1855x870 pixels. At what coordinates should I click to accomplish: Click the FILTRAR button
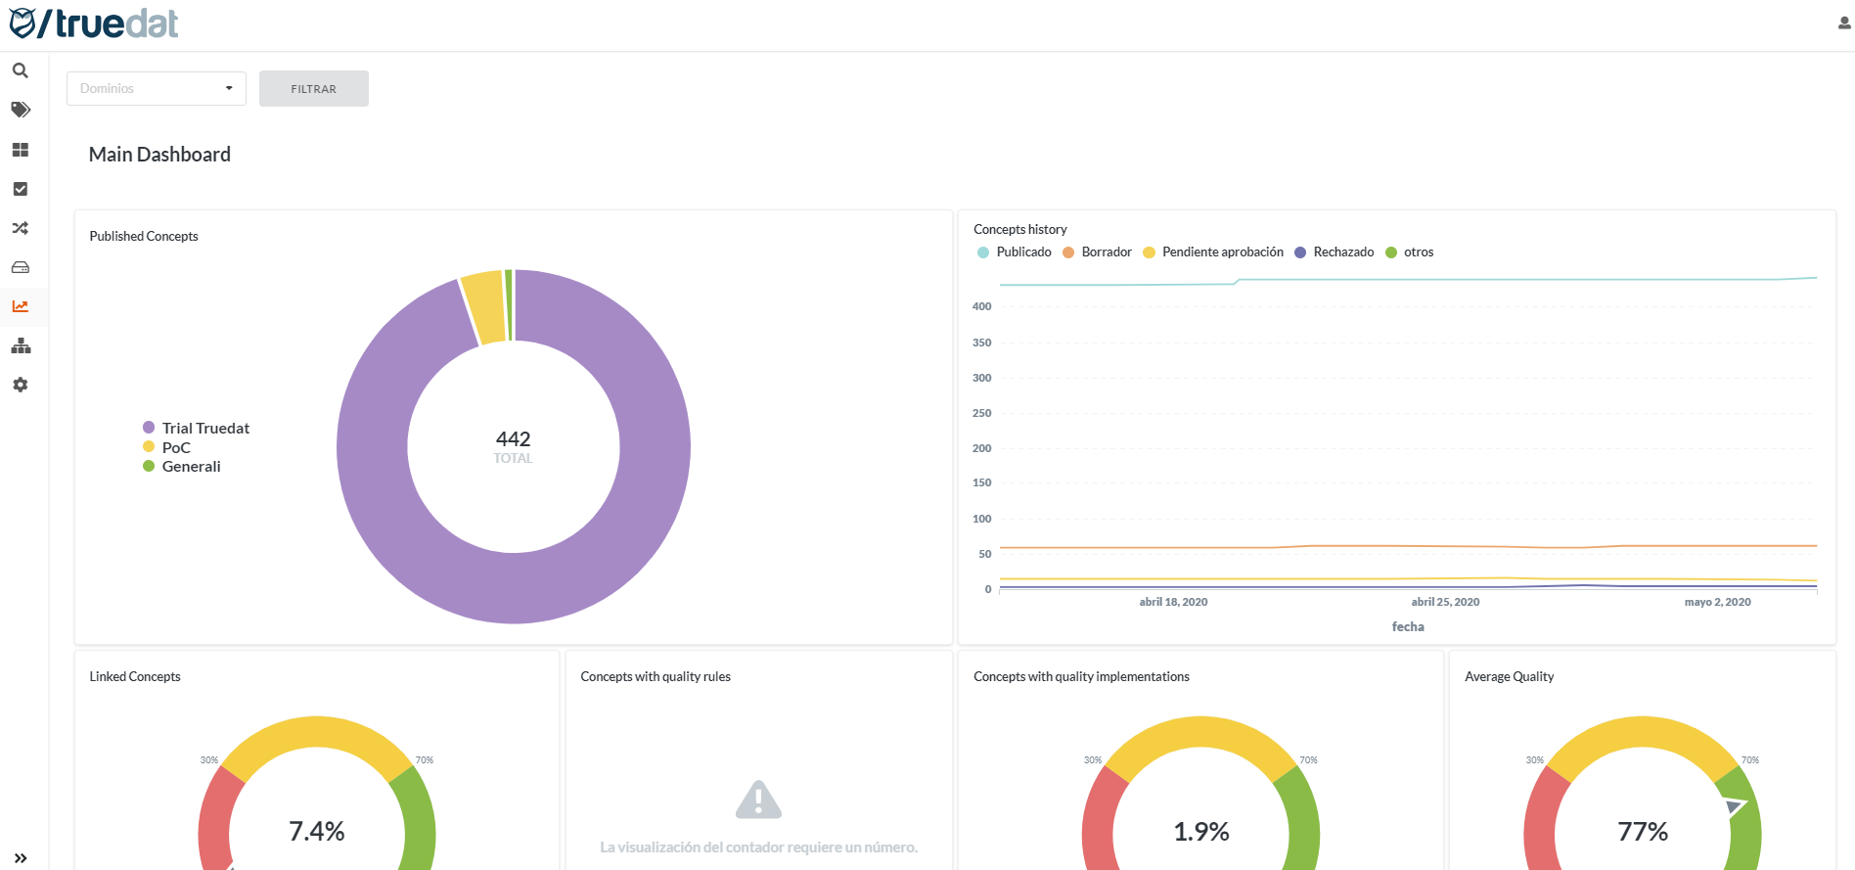pos(313,89)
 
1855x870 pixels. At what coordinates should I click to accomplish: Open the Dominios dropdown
pos(156,88)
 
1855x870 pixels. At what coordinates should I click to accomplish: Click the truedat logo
pos(94,23)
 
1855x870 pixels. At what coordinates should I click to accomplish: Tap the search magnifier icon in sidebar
pos(20,70)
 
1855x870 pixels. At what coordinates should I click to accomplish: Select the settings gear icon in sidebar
pos(20,385)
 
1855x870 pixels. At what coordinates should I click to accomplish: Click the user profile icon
pos(1844,23)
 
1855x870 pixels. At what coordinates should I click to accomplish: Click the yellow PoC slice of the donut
pos(483,307)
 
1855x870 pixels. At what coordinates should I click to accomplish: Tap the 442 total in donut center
pos(513,439)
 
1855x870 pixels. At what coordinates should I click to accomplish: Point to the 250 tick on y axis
pos(981,413)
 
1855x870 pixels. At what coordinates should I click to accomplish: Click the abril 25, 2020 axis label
pos(1445,602)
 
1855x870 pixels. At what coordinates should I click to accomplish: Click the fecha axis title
pos(1408,627)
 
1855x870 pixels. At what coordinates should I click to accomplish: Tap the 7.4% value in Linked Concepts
pos(316,832)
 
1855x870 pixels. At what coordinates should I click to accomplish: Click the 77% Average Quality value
pos(1642,832)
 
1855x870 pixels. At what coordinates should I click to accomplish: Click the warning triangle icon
pos(758,800)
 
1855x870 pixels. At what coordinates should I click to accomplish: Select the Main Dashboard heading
pos(159,155)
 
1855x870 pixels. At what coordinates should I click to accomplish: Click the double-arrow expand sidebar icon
pos(20,858)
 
